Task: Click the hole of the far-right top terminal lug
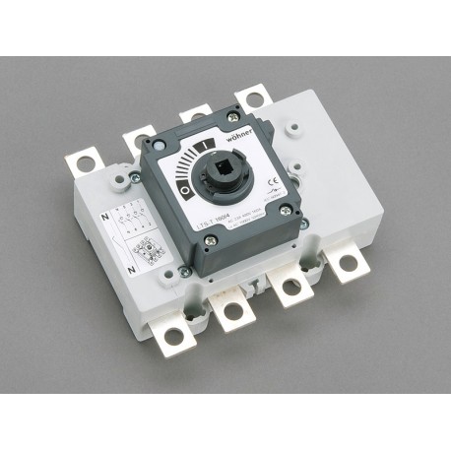[256, 97]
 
